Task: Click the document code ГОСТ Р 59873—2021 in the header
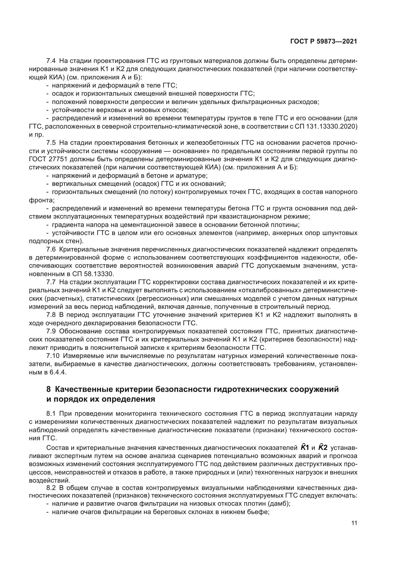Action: pos(324,42)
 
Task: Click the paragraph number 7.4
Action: pos(51,61)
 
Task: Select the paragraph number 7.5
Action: pos(51,143)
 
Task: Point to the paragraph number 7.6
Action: pos(51,250)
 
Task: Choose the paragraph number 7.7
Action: pos(51,282)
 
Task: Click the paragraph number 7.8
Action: pos(51,315)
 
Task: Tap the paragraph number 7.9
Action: pos(51,331)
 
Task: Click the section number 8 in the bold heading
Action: pos(49,389)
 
